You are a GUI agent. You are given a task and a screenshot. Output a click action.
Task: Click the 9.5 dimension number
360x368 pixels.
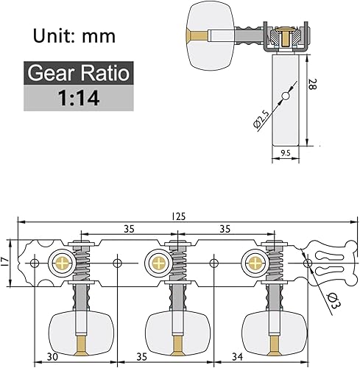coord(288,152)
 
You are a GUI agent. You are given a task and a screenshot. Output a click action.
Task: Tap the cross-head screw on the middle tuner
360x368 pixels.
coord(157,261)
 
